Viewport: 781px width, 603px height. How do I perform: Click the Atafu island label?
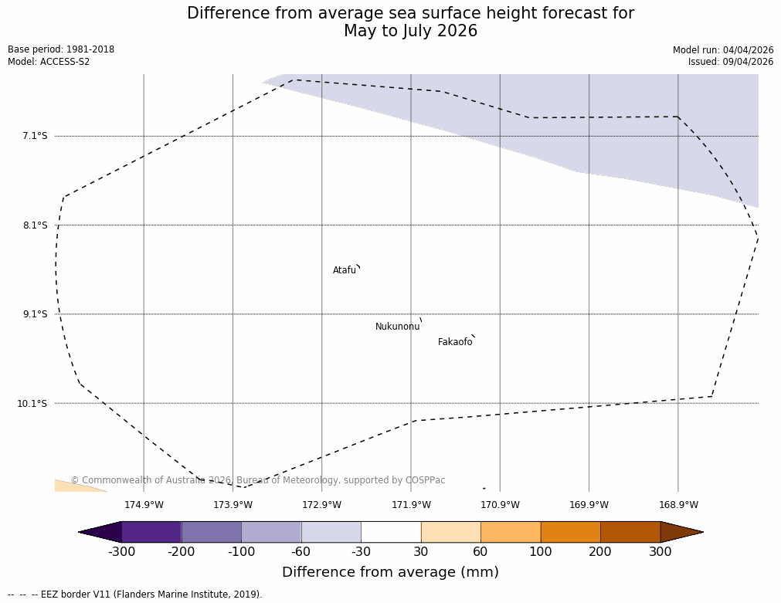pos(345,270)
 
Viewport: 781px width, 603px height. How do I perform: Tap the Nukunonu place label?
pos(397,327)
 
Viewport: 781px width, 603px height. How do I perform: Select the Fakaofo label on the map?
pos(455,342)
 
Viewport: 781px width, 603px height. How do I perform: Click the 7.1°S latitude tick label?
pos(35,136)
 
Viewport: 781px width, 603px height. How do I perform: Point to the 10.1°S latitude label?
pos(32,403)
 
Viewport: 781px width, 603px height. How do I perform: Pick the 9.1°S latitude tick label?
pos(35,314)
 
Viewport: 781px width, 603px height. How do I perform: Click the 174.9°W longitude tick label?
pos(144,505)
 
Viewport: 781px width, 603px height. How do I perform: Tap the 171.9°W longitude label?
pos(411,505)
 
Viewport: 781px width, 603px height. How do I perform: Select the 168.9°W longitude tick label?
pos(678,505)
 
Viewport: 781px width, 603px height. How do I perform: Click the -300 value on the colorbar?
pos(121,551)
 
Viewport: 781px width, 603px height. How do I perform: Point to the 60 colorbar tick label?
pos(480,551)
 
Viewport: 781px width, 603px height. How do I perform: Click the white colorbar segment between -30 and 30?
pos(391,532)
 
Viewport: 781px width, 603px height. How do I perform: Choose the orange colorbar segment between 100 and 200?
pos(570,532)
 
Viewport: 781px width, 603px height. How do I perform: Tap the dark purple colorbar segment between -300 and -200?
pos(151,532)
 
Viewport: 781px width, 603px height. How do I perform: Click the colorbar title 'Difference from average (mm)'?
pos(390,572)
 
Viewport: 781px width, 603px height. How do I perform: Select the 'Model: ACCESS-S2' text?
pos(49,62)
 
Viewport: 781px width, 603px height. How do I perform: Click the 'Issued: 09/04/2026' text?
pos(731,62)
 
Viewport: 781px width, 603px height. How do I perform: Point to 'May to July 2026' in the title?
pos(410,31)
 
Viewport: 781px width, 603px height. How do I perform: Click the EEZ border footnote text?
pos(135,595)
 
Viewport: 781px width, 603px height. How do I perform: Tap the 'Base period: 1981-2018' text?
pos(61,49)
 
